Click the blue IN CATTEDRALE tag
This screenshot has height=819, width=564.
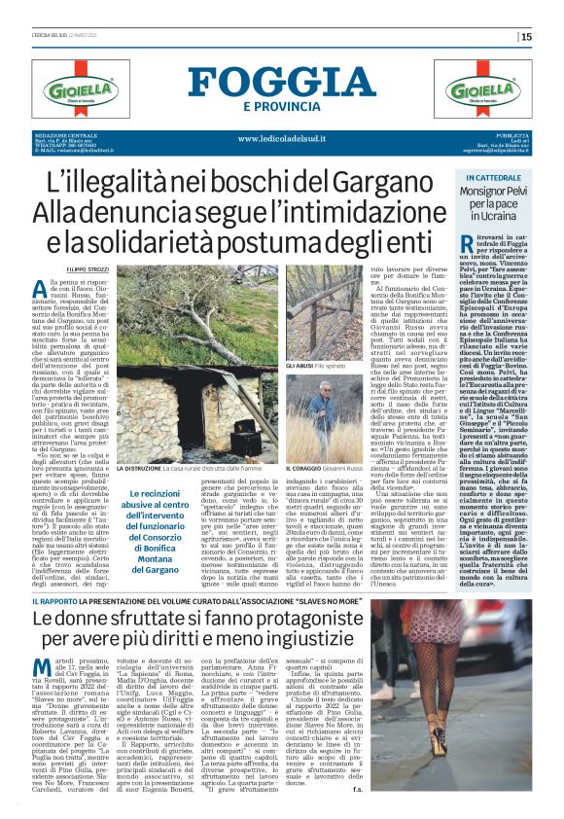499,179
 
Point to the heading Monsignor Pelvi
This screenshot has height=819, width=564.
499,197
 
